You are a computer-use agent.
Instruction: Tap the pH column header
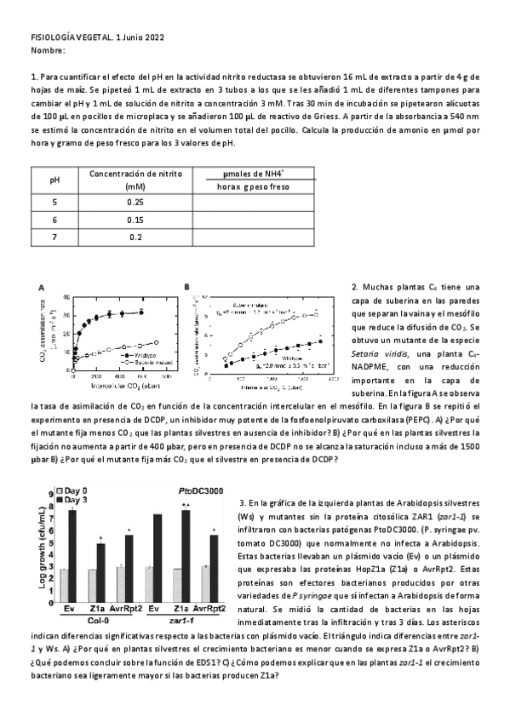[54, 180]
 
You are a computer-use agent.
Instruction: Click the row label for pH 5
[54, 202]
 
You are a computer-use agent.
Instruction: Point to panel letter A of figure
[41, 288]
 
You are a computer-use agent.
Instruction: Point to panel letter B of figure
[186, 288]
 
